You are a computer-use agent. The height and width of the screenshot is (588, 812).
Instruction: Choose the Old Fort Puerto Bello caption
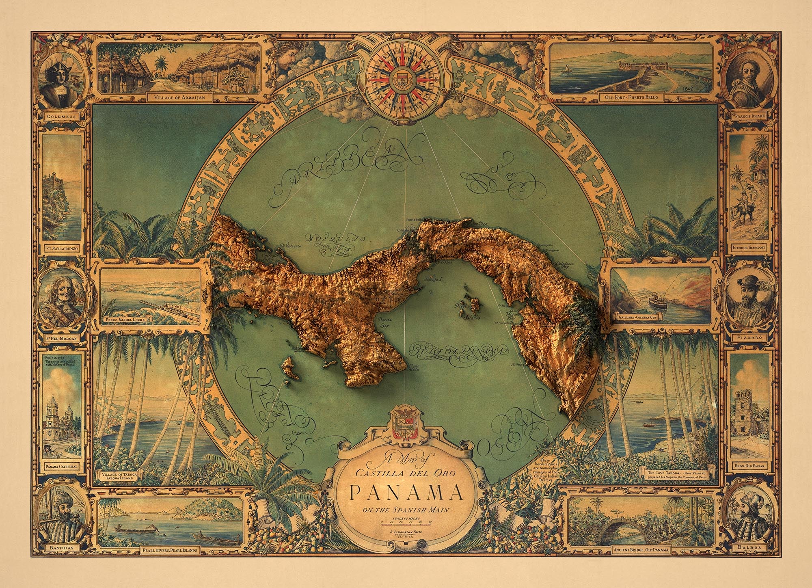(x=626, y=97)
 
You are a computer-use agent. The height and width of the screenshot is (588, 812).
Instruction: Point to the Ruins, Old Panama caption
(x=751, y=466)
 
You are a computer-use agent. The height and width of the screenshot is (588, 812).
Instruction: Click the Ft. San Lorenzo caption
(x=62, y=246)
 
